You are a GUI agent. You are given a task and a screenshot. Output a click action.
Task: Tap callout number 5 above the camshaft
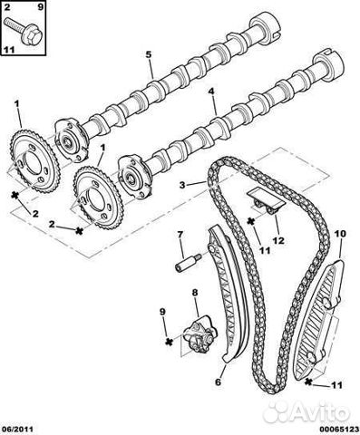point(148,54)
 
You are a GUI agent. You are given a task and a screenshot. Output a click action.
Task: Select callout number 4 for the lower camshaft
point(211,91)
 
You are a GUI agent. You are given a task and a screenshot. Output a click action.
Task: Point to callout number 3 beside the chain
point(182,185)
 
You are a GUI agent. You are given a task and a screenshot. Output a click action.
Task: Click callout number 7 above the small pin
point(180,234)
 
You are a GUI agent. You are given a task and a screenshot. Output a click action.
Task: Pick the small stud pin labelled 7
point(188,262)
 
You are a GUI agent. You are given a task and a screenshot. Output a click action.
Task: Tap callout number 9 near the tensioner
point(163,312)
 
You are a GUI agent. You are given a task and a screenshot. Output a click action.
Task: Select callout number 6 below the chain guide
point(219,382)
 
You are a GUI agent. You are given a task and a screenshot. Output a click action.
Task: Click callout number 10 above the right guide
point(340,234)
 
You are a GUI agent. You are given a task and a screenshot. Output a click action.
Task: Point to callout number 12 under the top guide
point(278,240)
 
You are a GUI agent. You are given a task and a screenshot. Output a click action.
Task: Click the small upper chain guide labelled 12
point(266,201)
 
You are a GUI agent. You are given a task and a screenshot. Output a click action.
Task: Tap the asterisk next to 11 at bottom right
point(308,382)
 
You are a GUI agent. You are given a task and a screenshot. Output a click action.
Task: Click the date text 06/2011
point(16,429)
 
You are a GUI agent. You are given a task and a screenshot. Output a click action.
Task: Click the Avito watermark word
point(321,411)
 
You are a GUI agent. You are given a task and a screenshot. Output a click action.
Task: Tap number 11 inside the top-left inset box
point(9,50)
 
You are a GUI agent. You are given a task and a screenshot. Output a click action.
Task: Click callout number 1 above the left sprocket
point(16,104)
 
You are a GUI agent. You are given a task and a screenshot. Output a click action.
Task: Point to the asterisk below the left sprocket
point(15,196)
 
